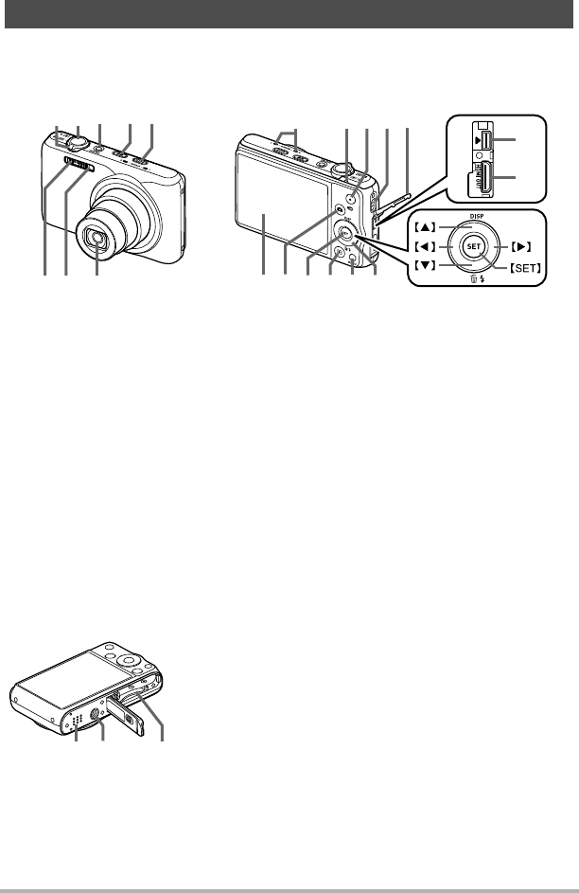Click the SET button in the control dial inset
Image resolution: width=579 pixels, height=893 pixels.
pos(473,246)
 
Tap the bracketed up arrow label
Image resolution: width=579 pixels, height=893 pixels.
pos(424,226)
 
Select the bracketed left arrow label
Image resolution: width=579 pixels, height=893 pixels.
pos(424,246)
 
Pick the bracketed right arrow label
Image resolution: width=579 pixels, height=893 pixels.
pos(519,246)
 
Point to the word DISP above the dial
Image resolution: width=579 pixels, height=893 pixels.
pos(477,217)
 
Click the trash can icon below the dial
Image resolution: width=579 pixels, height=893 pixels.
pos(472,279)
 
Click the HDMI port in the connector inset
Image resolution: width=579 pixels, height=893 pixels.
pos(481,178)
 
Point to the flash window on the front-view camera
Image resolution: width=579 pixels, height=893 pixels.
pos(78,165)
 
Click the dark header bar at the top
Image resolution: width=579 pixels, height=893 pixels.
pos(289,13)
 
